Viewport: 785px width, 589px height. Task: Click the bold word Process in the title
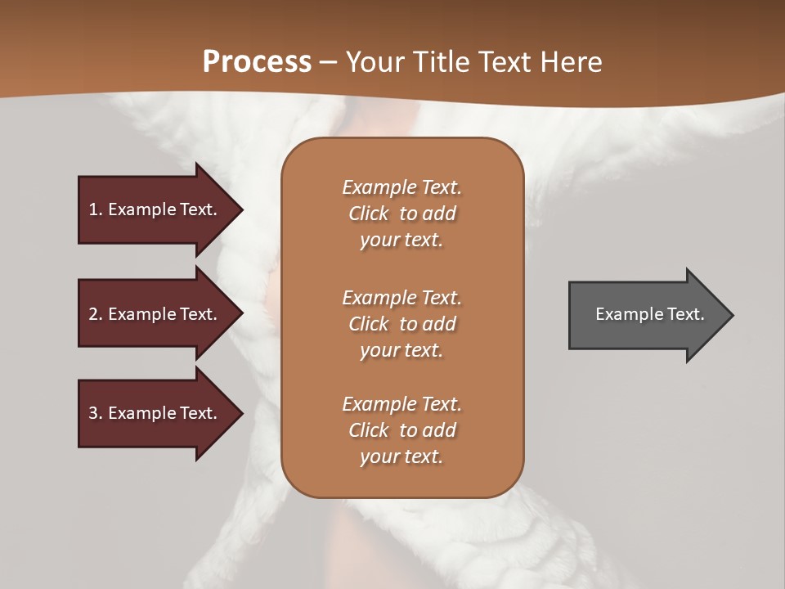click(257, 62)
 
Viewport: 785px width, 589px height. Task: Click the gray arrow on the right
click(646, 314)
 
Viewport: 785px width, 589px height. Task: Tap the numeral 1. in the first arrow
click(95, 209)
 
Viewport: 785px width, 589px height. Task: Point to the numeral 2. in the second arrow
click(96, 314)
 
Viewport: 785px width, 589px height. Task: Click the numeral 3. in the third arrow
click(96, 413)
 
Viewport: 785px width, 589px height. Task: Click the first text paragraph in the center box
click(401, 214)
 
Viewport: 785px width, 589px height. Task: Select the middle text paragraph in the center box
click(401, 323)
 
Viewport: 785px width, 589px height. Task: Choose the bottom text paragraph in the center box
click(401, 430)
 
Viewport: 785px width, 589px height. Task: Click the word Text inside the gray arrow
click(685, 314)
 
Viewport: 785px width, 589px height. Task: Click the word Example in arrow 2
click(141, 314)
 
